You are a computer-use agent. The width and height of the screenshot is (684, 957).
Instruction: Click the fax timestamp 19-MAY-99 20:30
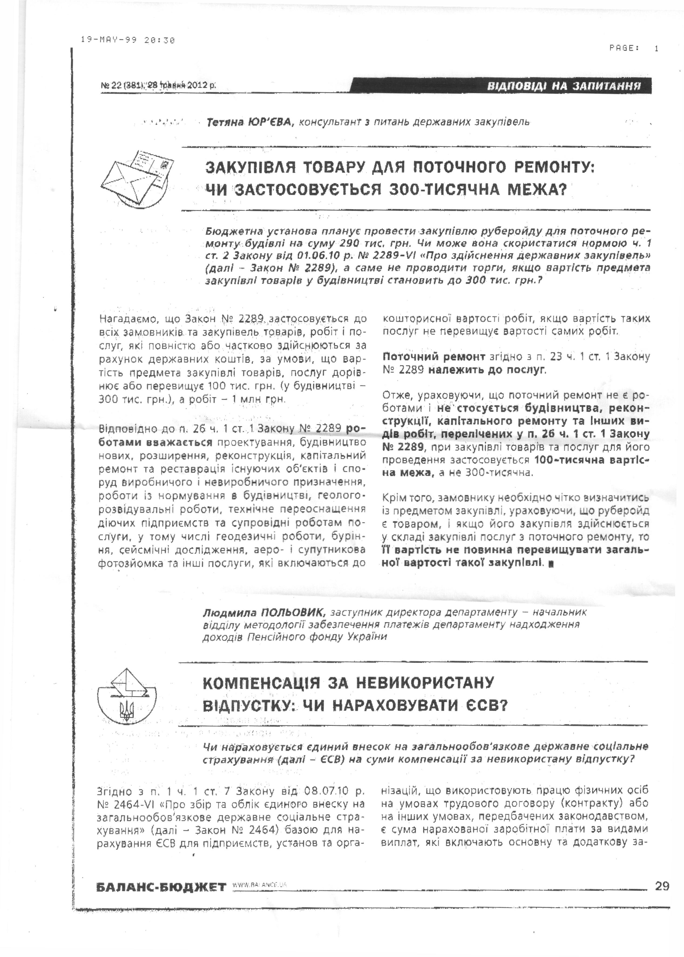click(128, 40)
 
